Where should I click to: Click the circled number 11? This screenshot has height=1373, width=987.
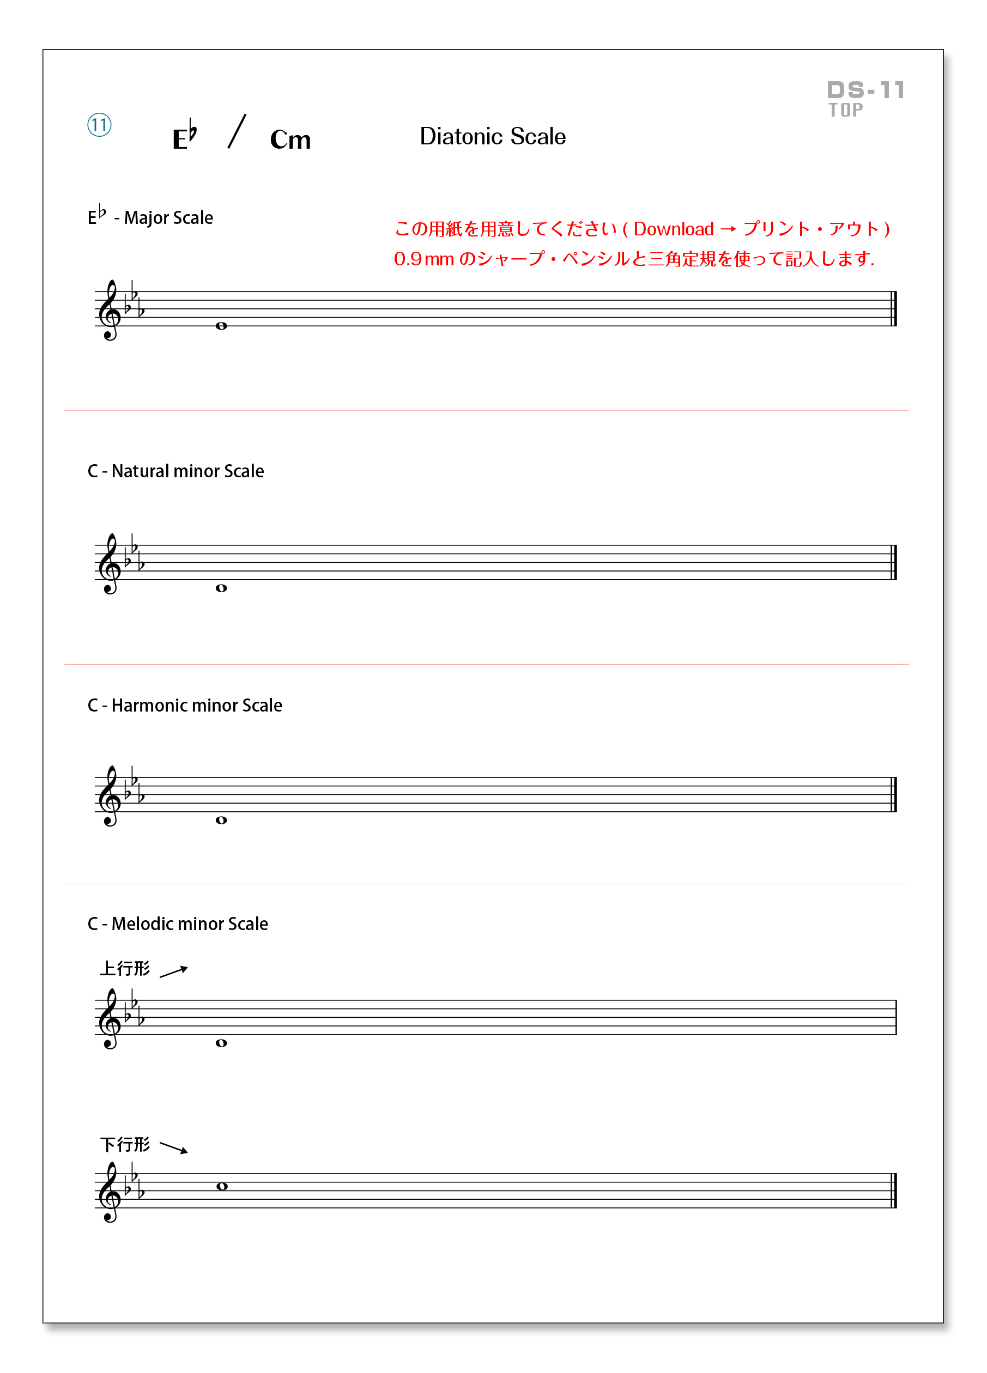click(99, 125)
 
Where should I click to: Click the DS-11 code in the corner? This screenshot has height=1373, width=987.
click(866, 91)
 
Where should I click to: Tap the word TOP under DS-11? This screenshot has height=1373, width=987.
click(846, 110)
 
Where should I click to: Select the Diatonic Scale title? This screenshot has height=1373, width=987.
click(493, 137)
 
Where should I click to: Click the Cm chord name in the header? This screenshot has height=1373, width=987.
click(290, 140)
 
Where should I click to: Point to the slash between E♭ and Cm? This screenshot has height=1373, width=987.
click(237, 131)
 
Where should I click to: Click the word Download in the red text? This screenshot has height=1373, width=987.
click(673, 229)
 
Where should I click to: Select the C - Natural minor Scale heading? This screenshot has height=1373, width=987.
click(175, 471)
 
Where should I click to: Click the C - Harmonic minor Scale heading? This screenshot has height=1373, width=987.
click(185, 705)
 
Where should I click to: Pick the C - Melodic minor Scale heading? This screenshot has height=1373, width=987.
click(178, 924)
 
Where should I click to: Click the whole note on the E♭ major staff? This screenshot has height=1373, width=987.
click(222, 326)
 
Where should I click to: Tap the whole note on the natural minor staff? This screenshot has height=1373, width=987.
click(222, 588)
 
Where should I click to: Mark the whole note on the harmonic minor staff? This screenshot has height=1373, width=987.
click(222, 821)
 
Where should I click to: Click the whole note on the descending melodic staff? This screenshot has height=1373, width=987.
click(222, 1187)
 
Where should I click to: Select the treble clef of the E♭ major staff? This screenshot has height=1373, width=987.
click(110, 311)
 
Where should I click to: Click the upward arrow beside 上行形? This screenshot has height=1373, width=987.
click(174, 971)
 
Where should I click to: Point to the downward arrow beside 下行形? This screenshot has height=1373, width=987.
click(174, 1147)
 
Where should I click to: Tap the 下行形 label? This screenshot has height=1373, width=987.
click(125, 1145)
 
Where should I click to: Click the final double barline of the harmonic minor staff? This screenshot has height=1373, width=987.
click(894, 794)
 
